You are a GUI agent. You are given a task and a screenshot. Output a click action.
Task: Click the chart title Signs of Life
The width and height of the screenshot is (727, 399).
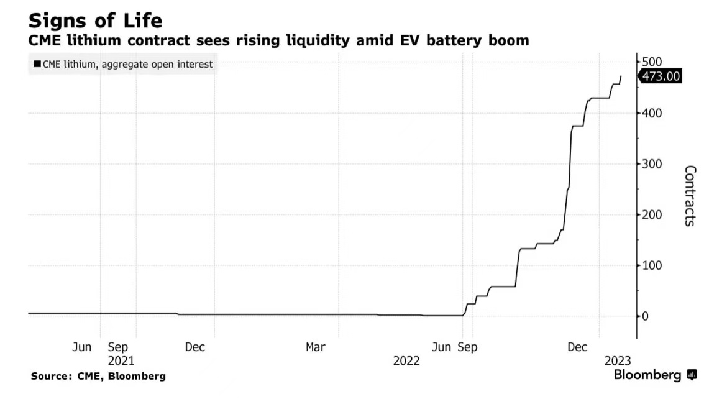click(95, 21)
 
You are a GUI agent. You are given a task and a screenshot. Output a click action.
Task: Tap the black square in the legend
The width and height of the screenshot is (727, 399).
click(37, 64)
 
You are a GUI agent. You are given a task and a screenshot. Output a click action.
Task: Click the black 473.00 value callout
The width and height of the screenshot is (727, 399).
click(662, 76)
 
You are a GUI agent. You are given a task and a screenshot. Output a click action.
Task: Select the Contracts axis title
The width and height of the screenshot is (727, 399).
click(689, 196)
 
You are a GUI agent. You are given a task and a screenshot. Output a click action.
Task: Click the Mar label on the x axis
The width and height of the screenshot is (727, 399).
click(315, 347)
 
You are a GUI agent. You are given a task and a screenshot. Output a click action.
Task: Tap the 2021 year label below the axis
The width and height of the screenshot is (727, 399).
click(121, 360)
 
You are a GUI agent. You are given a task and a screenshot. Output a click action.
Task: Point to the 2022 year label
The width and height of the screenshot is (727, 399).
click(406, 360)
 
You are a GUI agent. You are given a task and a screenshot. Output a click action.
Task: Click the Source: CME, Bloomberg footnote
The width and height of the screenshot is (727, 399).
click(98, 376)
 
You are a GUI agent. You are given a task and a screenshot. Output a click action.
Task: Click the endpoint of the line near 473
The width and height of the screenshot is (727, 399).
click(621, 76)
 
